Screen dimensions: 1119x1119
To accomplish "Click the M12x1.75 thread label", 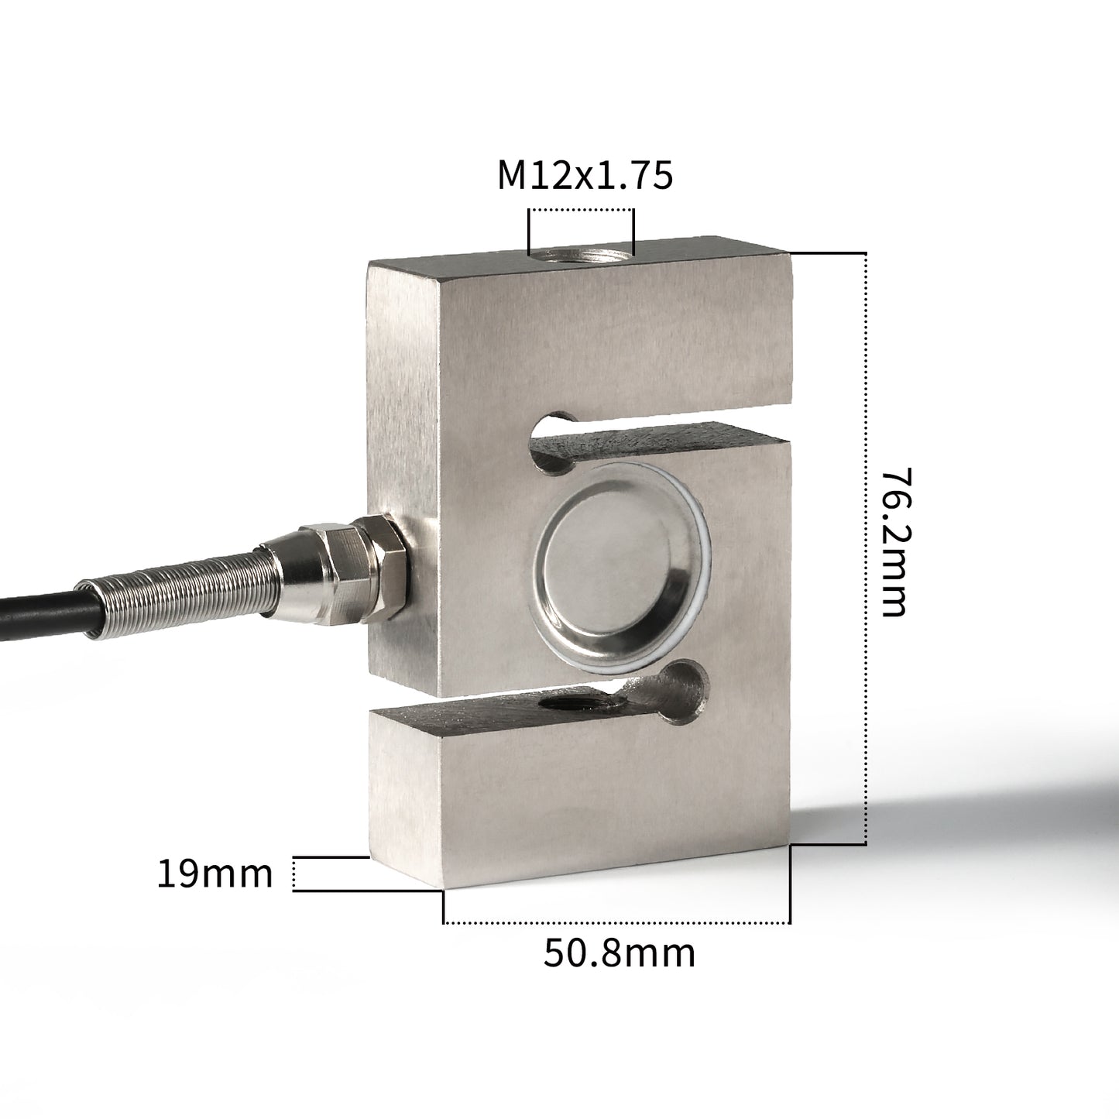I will click(x=585, y=177).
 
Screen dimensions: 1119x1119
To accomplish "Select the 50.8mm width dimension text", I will click(x=619, y=953).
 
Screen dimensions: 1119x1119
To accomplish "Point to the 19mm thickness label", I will click(x=215, y=874).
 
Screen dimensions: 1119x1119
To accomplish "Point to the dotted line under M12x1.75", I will click(x=581, y=210).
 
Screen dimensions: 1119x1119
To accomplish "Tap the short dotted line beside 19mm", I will click(x=295, y=874).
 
